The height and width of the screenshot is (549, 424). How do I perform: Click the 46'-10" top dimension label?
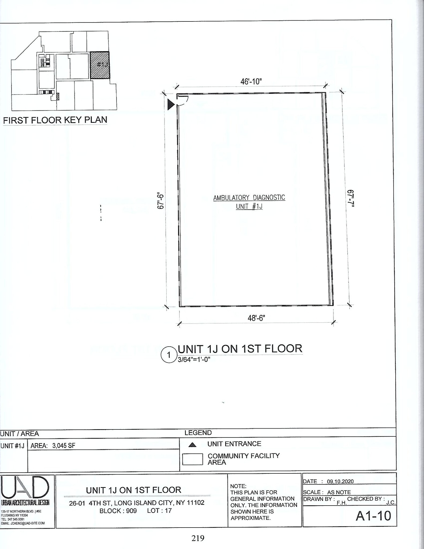[x=251, y=81]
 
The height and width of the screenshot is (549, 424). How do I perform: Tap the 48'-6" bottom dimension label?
[x=256, y=318]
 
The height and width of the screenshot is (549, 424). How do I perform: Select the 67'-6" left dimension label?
[x=161, y=201]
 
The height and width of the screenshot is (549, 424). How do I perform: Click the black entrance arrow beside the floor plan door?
[x=171, y=104]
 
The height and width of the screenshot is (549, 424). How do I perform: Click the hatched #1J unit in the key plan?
[x=100, y=65]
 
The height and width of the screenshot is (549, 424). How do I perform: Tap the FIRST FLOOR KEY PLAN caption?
[x=55, y=120]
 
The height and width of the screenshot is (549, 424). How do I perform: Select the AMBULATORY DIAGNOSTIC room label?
[x=249, y=198]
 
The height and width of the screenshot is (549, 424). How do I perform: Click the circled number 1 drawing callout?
[x=169, y=355]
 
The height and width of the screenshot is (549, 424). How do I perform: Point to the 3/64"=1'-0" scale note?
[x=194, y=359]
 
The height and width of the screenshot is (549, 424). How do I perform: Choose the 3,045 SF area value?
[x=64, y=446]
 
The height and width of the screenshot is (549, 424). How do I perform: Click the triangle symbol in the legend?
[x=192, y=445]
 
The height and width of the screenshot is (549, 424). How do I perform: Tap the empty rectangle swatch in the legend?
[x=192, y=459]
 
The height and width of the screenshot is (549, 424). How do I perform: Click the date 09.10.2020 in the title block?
[x=340, y=481]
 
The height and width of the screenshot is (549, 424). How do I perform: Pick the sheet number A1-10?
[x=373, y=516]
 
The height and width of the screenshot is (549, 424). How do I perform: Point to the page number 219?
[x=198, y=538]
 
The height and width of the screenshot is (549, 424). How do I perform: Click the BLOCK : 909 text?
[x=118, y=511]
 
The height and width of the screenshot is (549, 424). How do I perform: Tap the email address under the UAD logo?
[x=23, y=523]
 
